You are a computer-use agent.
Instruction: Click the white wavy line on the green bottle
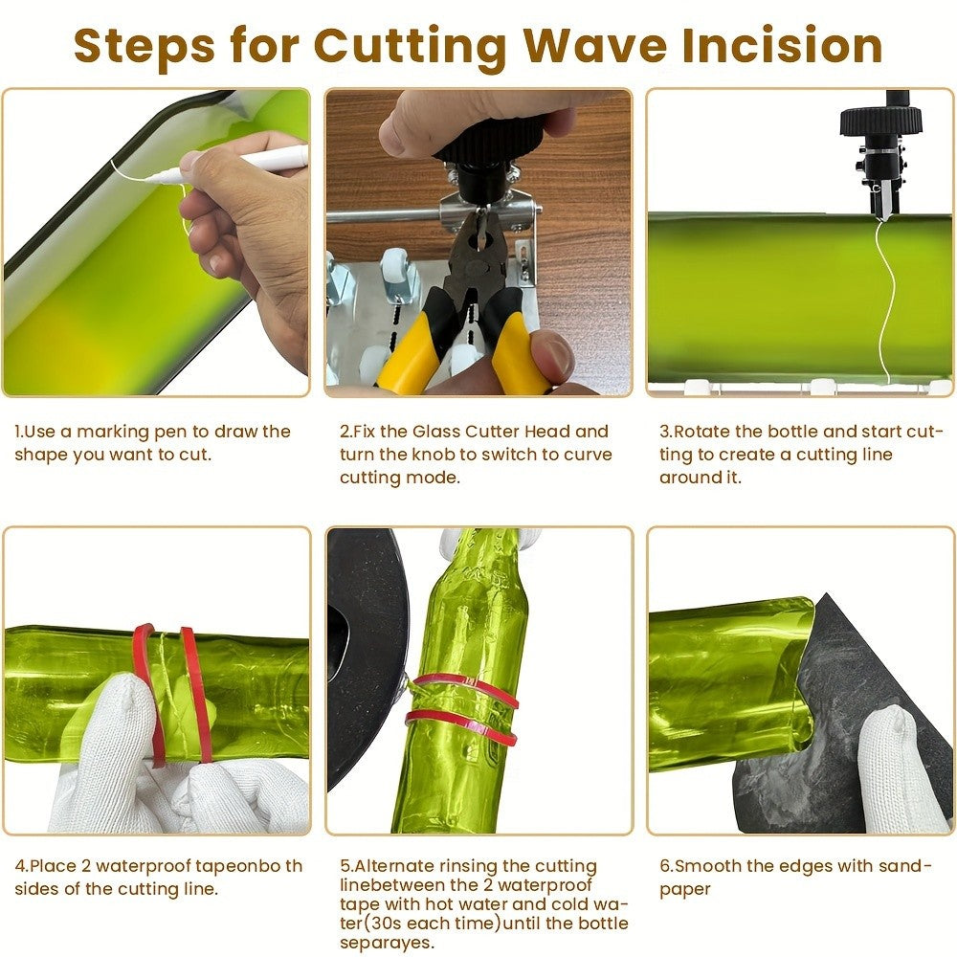882,299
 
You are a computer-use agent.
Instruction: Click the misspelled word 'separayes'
387,943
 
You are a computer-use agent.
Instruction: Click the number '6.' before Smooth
666,865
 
